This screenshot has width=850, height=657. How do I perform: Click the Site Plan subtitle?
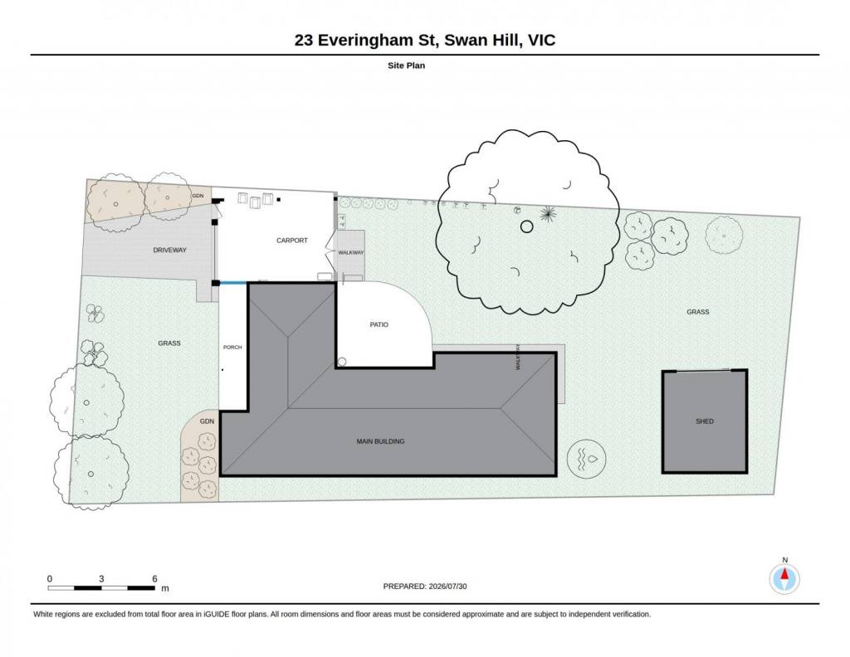coord(406,66)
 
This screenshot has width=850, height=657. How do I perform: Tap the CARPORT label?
coord(291,241)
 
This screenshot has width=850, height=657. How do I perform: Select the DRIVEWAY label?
coord(169,251)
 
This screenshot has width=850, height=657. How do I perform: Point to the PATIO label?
coord(379,324)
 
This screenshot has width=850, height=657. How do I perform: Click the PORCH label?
coord(232,348)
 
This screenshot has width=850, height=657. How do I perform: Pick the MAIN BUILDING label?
coord(380,441)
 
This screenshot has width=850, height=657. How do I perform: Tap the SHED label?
coord(705,421)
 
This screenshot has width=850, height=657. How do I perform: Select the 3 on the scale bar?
coord(101,579)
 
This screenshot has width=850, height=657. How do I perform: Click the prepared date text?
coord(425,586)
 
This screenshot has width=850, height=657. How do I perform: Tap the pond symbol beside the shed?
coord(587,459)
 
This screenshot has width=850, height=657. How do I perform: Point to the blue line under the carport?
coord(233,283)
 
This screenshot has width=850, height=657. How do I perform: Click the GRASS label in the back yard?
coord(697,312)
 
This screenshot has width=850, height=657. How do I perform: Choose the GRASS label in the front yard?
coord(169,343)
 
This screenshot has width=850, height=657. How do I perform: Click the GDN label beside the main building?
coord(207,421)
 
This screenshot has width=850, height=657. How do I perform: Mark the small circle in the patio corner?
coord(342,362)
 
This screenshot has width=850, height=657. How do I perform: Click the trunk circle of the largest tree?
coord(526,226)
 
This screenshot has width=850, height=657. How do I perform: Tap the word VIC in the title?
coord(541,40)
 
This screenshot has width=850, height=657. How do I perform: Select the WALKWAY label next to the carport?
coord(351,253)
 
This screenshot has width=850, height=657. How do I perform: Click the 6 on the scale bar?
coord(154,579)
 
